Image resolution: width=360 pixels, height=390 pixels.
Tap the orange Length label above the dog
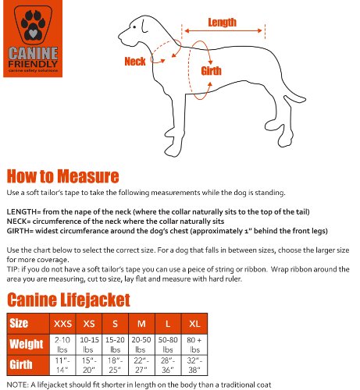click(223, 23)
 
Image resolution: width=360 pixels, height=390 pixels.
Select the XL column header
click(194, 322)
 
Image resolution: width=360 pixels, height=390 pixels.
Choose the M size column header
click(141, 322)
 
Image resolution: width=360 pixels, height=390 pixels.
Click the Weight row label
click(26, 344)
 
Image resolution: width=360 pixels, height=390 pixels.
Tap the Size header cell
click(19, 322)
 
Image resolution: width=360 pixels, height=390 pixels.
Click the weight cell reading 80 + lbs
click(194, 344)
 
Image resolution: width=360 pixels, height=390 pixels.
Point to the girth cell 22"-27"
click(141, 365)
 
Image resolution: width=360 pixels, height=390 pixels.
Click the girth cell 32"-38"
click(194, 365)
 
